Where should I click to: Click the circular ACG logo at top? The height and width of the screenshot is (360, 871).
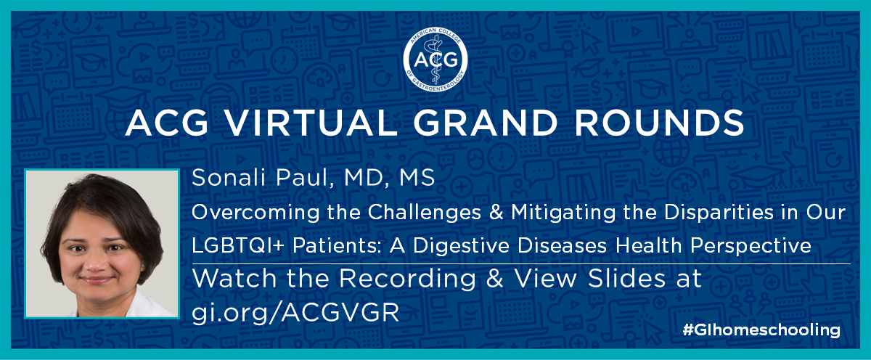[435, 59]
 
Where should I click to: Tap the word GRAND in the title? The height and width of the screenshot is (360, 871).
[486, 123]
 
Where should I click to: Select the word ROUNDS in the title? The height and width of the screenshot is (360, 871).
[660, 123]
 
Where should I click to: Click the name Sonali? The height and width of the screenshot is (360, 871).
[228, 177]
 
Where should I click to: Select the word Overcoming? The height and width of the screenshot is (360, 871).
[255, 213]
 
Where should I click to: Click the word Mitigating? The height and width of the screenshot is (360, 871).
[563, 213]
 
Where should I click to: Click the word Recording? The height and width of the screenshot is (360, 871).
[407, 279]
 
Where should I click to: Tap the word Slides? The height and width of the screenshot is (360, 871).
[626, 279]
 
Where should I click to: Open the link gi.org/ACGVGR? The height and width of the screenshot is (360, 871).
[295, 313]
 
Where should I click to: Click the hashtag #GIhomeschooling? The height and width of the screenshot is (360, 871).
[761, 330]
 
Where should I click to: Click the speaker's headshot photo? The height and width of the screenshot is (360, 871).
[102, 244]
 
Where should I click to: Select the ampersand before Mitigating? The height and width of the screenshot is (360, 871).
[496, 213]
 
